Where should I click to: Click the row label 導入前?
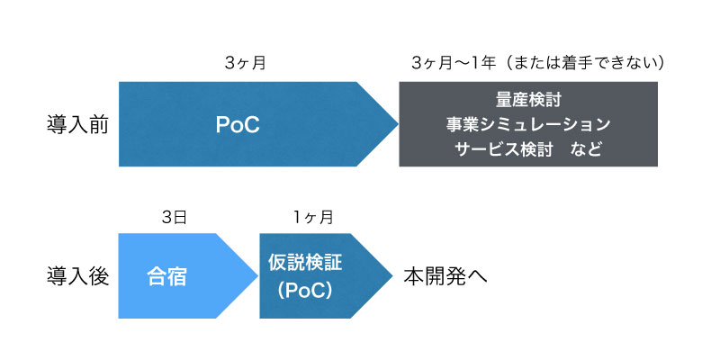pyautogui.click(x=77, y=124)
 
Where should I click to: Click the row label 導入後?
pyautogui.click(x=77, y=276)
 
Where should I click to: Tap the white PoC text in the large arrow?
pyautogui.click(x=238, y=125)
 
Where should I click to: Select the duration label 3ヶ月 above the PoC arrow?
pyautogui.click(x=246, y=63)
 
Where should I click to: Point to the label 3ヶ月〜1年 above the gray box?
pyautogui.click(x=454, y=63)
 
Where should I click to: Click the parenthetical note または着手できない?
pyautogui.click(x=580, y=63)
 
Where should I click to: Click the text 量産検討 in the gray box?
pyautogui.click(x=528, y=100)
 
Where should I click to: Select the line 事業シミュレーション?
pyautogui.click(x=528, y=124)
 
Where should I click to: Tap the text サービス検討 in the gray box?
pyautogui.click(x=503, y=149)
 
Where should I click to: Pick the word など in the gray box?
pyautogui.click(x=587, y=149)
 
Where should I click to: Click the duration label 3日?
pyautogui.click(x=175, y=216)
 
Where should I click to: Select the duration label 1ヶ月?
pyautogui.click(x=313, y=216)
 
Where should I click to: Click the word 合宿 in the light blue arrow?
pyautogui.click(x=166, y=277)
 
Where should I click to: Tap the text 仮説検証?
pyautogui.click(x=305, y=264)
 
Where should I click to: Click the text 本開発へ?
pyautogui.click(x=445, y=277)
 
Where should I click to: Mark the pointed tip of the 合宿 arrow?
pyautogui.click(x=258, y=276)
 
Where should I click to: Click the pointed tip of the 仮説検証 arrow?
pyautogui.click(x=392, y=276)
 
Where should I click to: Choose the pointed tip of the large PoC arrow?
pyautogui.click(x=398, y=124)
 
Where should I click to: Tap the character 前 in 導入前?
pyautogui.click(x=98, y=124)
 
